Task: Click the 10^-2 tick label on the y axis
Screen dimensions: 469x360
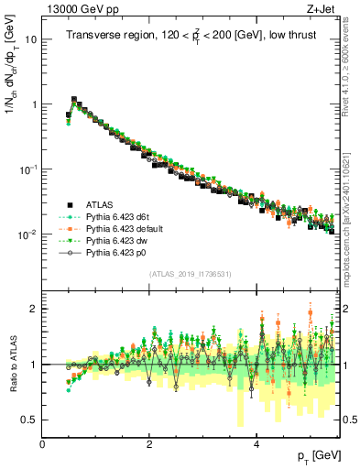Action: (28, 234)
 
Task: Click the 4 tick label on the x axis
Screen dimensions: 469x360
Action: (256, 444)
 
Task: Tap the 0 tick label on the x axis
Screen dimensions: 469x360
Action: (42, 444)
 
